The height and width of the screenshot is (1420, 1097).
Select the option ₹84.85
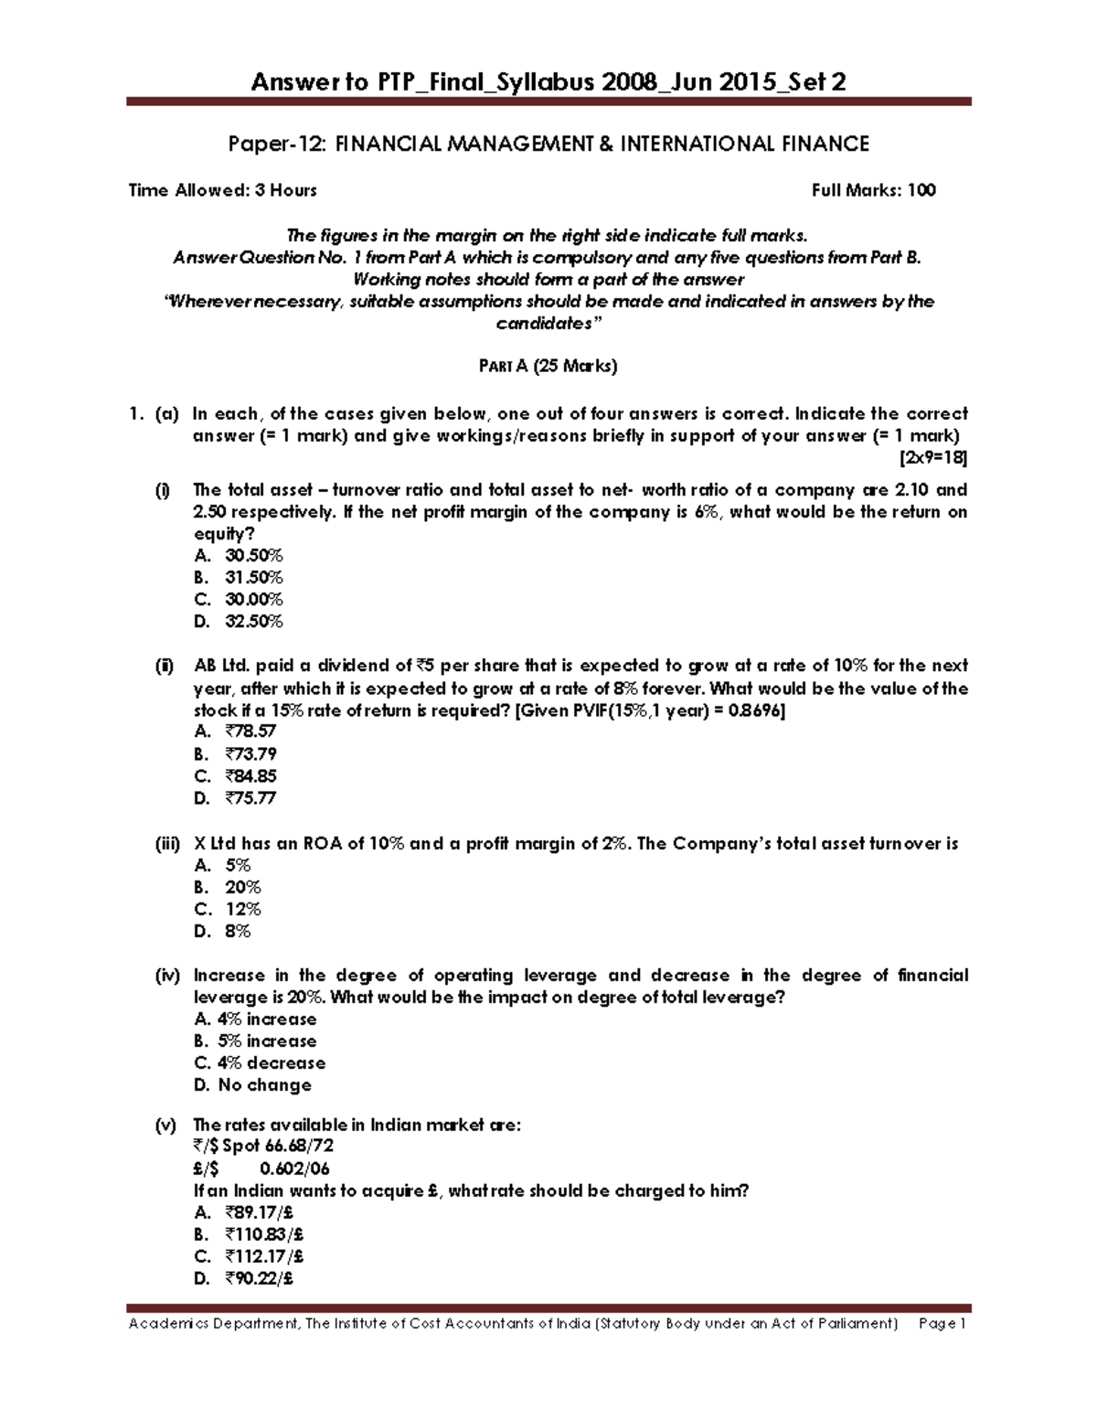click(x=250, y=775)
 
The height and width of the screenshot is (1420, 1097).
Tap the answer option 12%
click(x=242, y=909)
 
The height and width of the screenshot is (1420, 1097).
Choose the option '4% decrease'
click(x=271, y=1062)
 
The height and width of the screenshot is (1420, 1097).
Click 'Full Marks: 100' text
click(x=873, y=190)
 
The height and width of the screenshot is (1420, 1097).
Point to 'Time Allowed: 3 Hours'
click(x=222, y=190)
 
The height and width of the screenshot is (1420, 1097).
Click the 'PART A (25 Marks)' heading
click(x=548, y=367)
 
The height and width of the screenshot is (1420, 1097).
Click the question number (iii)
click(x=166, y=844)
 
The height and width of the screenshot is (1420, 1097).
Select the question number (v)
click(x=165, y=1125)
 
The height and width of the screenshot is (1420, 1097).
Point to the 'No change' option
click(x=264, y=1084)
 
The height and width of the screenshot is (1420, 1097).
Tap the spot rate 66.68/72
click(x=299, y=1147)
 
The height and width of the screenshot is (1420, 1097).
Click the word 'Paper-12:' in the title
click(x=271, y=144)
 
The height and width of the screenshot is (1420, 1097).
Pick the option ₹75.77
click(x=250, y=797)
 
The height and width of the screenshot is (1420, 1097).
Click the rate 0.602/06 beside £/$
click(x=294, y=1169)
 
